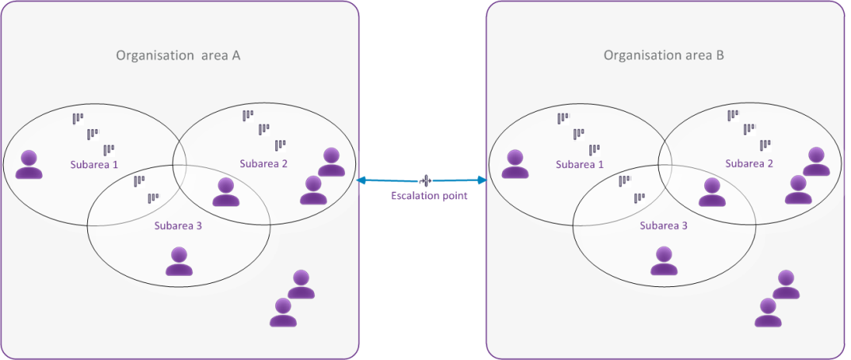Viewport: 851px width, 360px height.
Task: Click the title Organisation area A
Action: [178, 56]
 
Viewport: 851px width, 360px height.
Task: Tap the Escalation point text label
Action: [428, 196]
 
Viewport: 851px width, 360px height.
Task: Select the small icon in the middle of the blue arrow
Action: [427, 181]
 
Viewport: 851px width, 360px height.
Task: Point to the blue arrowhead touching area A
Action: [362, 181]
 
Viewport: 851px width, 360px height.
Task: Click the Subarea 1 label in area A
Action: [92, 165]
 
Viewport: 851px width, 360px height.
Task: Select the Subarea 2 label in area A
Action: [263, 163]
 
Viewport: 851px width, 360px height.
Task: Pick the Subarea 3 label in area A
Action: [178, 226]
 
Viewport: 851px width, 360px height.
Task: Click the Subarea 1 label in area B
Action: [579, 165]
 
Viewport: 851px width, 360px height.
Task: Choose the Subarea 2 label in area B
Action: [749, 163]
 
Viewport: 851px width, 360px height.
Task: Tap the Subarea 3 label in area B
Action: [663, 226]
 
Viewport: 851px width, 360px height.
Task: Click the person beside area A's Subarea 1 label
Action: [29, 164]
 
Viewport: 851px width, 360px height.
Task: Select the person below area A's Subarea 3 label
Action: [178, 261]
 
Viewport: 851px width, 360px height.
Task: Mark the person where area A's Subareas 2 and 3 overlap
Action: [226, 192]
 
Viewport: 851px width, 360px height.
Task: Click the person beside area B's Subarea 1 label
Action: [516, 164]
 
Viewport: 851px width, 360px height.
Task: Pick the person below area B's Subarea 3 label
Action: [664, 261]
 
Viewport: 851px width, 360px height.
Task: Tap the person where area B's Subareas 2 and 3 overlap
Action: [711, 192]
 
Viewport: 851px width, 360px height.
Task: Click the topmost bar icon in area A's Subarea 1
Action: [78, 118]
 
